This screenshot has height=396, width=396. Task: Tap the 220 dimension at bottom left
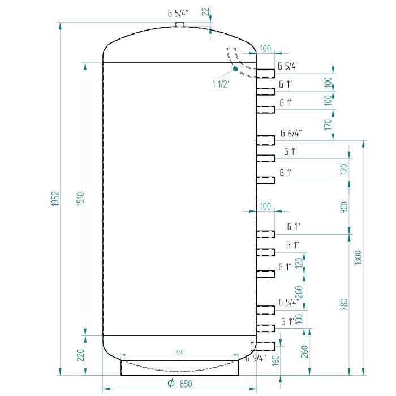[80, 355]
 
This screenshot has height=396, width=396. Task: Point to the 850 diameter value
[186, 384]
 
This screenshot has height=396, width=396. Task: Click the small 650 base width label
[179, 352]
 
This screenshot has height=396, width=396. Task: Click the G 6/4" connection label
[291, 134]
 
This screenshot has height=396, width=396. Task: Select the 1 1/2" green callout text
[221, 84]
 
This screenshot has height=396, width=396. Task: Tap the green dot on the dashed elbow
[235, 69]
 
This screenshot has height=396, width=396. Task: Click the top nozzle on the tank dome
[179, 25]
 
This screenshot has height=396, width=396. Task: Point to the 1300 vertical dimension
[359, 257]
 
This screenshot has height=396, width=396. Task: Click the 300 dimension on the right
[345, 207]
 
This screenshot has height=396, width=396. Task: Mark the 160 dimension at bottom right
[276, 361]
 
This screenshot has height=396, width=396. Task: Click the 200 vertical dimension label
[299, 292]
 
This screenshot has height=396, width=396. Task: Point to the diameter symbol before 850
[171, 384]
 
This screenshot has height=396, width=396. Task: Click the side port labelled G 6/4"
[266, 140]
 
